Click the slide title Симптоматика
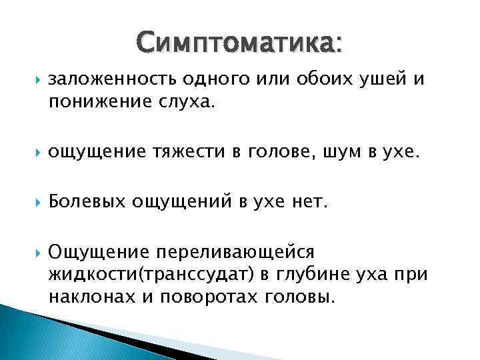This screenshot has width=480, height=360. coord(240,45)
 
